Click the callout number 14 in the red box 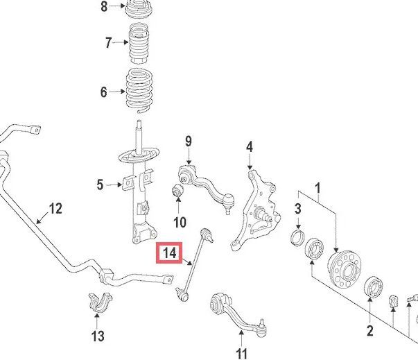pos(170,252)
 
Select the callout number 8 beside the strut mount pos(104,6)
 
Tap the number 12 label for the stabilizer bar pos(55,208)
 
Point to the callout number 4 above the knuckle pos(250,146)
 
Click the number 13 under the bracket pos(98,336)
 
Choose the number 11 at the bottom pos(241,354)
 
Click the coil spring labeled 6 pos(139,90)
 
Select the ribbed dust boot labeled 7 pos(139,44)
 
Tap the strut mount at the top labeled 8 pos(139,10)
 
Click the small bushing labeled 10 pos(177,189)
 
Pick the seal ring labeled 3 pos(297,237)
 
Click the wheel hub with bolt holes pos(345,269)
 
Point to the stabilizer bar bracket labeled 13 pos(100,303)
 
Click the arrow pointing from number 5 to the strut pos(114,185)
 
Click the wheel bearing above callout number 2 pos(374,287)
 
